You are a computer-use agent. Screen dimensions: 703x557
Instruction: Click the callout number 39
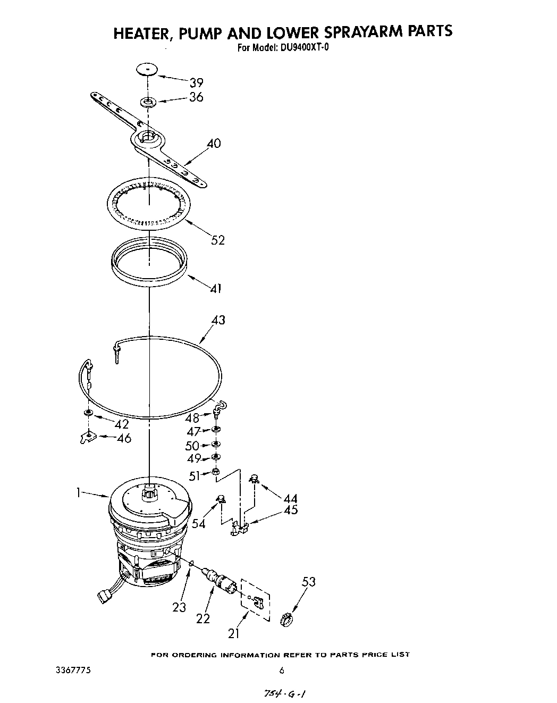(197, 82)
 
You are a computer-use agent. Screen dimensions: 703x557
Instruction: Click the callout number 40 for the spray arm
(213, 143)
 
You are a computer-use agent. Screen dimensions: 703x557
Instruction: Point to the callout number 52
(218, 240)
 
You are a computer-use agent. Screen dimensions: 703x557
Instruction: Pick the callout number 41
(215, 289)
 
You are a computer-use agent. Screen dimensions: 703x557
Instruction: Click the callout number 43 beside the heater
(218, 320)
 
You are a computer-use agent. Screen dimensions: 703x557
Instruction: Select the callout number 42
(122, 424)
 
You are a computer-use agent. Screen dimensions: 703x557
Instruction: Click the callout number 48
(192, 417)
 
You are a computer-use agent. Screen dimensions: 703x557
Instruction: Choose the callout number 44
(290, 499)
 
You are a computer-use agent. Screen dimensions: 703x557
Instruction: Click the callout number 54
(199, 524)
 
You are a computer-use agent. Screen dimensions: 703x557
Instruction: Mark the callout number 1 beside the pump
(78, 493)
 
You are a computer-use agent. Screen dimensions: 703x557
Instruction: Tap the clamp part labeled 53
(286, 618)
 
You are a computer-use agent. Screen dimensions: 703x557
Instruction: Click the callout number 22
(203, 618)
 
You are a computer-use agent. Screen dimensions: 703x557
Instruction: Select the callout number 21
(234, 633)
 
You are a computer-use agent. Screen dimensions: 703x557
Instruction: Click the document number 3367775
(73, 671)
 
